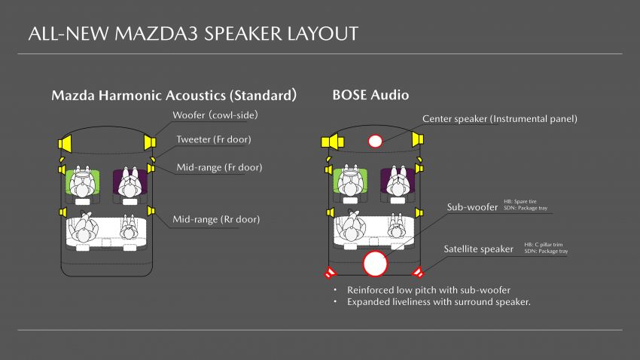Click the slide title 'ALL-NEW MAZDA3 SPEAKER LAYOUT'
pyautogui.click(x=194, y=34)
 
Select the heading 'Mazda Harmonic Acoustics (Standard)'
pyautogui.click(x=174, y=95)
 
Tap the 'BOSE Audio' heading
pyautogui.click(x=370, y=95)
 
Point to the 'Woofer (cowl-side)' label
pyautogui.click(x=215, y=115)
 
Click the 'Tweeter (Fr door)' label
pyautogui.click(x=214, y=139)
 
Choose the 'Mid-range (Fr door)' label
pyautogui.click(x=219, y=167)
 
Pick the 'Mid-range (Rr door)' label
pyautogui.click(x=216, y=219)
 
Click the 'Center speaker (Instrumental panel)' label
pyautogui.click(x=500, y=119)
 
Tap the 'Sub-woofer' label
pyautogui.click(x=472, y=207)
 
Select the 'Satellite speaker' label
pyautogui.click(x=478, y=249)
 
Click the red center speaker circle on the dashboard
pyautogui.click(x=375, y=141)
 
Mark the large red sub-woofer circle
pyautogui.click(x=375, y=264)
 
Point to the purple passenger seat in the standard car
pyautogui.click(x=130, y=182)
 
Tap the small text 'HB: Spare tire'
pyautogui.click(x=520, y=201)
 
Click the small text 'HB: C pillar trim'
pyautogui.click(x=544, y=245)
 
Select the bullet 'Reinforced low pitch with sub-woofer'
pyautogui.click(x=428, y=290)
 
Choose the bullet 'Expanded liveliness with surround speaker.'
pyautogui.click(x=439, y=302)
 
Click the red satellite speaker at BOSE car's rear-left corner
pyautogui.click(x=329, y=272)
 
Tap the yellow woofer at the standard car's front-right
pyautogui.click(x=150, y=142)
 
